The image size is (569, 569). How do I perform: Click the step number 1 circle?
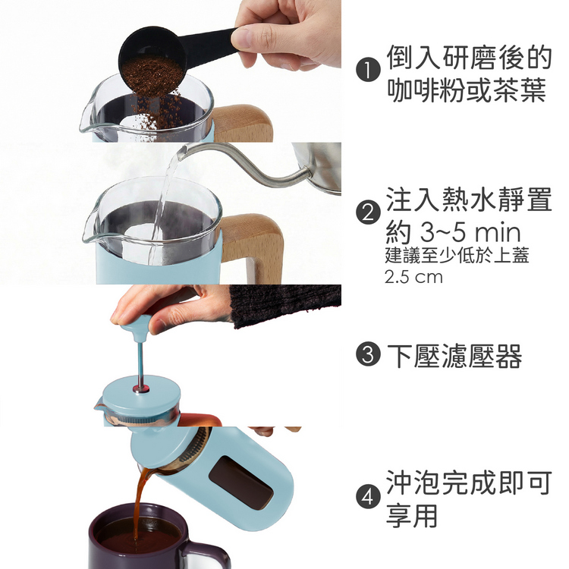click(x=368, y=71)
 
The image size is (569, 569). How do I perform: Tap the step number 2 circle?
click(x=368, y=213)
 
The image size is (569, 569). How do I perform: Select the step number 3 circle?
click(x=368, y=354)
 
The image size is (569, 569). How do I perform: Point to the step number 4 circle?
click(x=368, y=497)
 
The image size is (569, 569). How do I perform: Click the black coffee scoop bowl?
click(x=152, y=61)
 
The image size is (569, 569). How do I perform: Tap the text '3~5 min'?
click(x=470, y=232)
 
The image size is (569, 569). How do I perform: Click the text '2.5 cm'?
click(x=413, y=278)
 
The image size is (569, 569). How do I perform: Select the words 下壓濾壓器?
click(x=454, y=355)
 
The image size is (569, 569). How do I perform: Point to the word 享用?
click(x=412, y=515)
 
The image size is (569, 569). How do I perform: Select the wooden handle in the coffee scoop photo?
click(x=243, y=124)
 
